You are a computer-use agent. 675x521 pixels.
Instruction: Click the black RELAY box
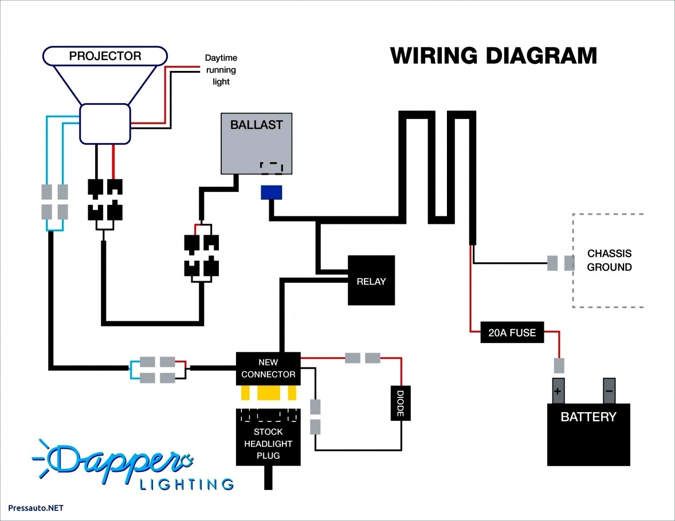click(x=371, y=281)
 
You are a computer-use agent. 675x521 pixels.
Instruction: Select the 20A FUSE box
click(x=512, y=333)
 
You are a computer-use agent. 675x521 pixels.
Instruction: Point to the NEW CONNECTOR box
click(x=268, y=368)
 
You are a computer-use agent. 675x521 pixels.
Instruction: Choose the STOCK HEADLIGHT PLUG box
click(x=268, y=437)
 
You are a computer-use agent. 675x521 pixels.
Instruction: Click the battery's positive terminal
click(x=558, y=392)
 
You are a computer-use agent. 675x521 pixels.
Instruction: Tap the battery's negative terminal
click(x=609, y=392)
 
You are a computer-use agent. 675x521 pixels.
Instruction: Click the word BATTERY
click(x=588, y=417)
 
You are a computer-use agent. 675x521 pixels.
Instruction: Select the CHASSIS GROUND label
click(x=609, y=260)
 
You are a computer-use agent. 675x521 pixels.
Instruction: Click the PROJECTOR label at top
click(x=105, y=56)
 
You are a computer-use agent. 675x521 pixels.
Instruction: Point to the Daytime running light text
click(x=221, y=70)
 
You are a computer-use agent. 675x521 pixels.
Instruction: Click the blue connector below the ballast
click(x=271, y=192)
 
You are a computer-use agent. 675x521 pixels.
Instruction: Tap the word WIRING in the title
click(x=434, y=56)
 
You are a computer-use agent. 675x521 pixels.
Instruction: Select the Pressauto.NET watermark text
click(x=36, y=508)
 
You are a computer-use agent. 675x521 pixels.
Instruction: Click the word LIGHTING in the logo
click(x=187, y=484)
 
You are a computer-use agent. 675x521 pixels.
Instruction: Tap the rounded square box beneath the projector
click(x=104, y=124)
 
